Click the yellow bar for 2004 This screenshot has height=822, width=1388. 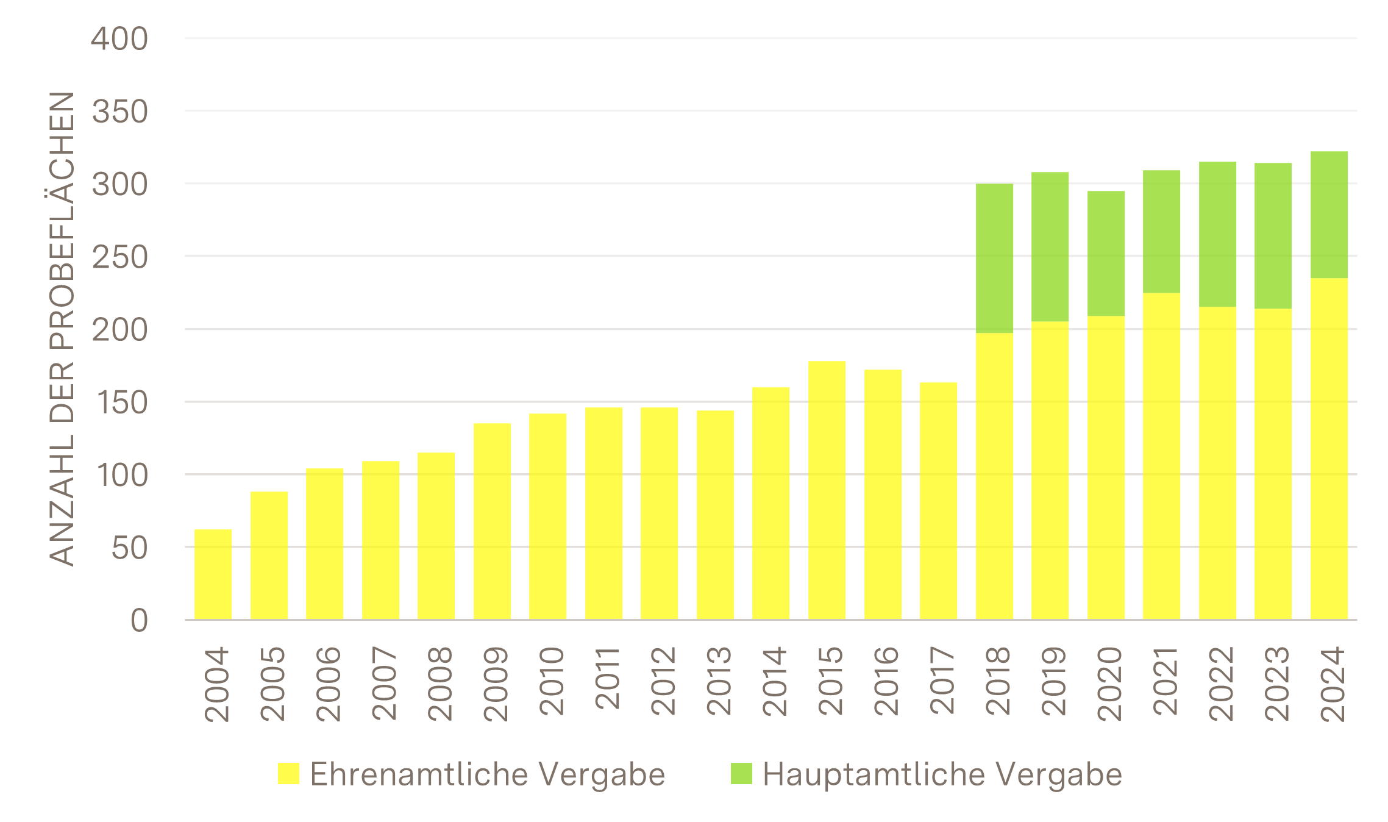point(213,574)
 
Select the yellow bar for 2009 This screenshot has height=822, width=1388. point(493,521)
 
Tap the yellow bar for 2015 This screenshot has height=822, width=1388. point(827,490)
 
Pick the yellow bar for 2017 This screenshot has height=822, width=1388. point(939,501)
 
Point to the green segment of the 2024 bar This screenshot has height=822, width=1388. point(1329,215)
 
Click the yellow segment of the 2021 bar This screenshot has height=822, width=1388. point(1162,456)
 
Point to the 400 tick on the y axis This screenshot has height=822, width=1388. point(119,40)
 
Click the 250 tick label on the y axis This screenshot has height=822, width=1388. point(119,257)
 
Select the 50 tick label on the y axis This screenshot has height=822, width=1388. point(129,548)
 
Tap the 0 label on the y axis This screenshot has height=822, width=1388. point(139,621)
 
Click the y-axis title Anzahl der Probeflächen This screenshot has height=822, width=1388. point(62,329)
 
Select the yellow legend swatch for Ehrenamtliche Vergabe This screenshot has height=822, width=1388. point(288,773)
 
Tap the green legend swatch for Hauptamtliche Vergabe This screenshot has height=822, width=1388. point(741,773)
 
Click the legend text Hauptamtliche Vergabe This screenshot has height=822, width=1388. point(942,774)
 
